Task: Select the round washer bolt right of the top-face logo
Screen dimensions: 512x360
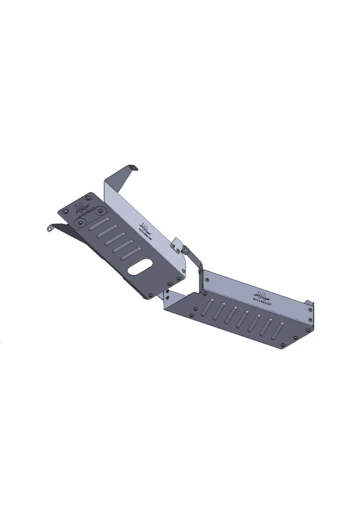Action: coord(99,210)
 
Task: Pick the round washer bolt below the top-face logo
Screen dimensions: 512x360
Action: coord(81,223)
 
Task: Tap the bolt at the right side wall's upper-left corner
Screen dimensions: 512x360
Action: coord(207,280)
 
